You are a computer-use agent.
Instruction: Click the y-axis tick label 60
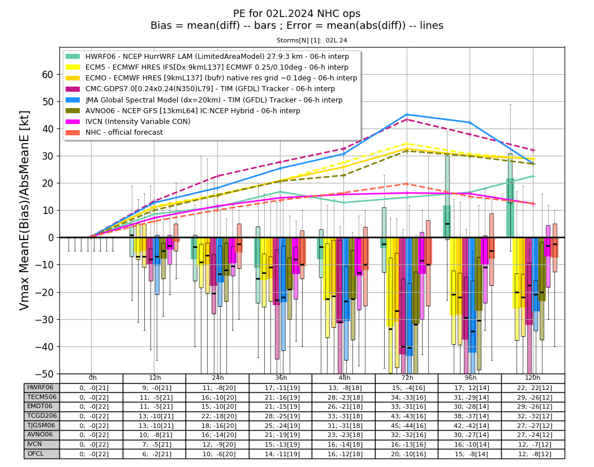tap(48, 75)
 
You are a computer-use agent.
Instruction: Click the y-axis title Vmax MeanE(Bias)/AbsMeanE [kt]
tap(24, 211)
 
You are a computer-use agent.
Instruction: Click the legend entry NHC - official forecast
tap(114, 132)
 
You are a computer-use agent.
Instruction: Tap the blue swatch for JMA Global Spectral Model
tap(73, 100)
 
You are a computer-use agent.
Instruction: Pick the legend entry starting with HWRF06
tap(207, 57)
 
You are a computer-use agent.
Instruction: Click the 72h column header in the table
tap(407, 378)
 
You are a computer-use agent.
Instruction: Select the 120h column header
tap(533, 378)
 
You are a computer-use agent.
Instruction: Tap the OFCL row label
tap(36, 453)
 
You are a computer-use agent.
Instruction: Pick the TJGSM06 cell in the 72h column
tap(407, 426)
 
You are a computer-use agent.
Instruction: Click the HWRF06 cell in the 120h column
tap(533, 388)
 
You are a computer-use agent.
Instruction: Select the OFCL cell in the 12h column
tap(154, 454)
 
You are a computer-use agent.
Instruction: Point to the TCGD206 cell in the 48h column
tap(344, 416)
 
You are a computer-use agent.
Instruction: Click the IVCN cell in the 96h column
tap(470, 444)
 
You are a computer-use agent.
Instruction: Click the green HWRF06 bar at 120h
tap(510, 208)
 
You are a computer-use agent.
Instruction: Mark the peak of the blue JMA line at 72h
tap(407, 114)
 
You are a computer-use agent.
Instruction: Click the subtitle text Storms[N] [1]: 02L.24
tap(312, 40)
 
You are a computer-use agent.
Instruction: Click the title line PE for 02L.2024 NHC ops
tap(296, 14)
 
